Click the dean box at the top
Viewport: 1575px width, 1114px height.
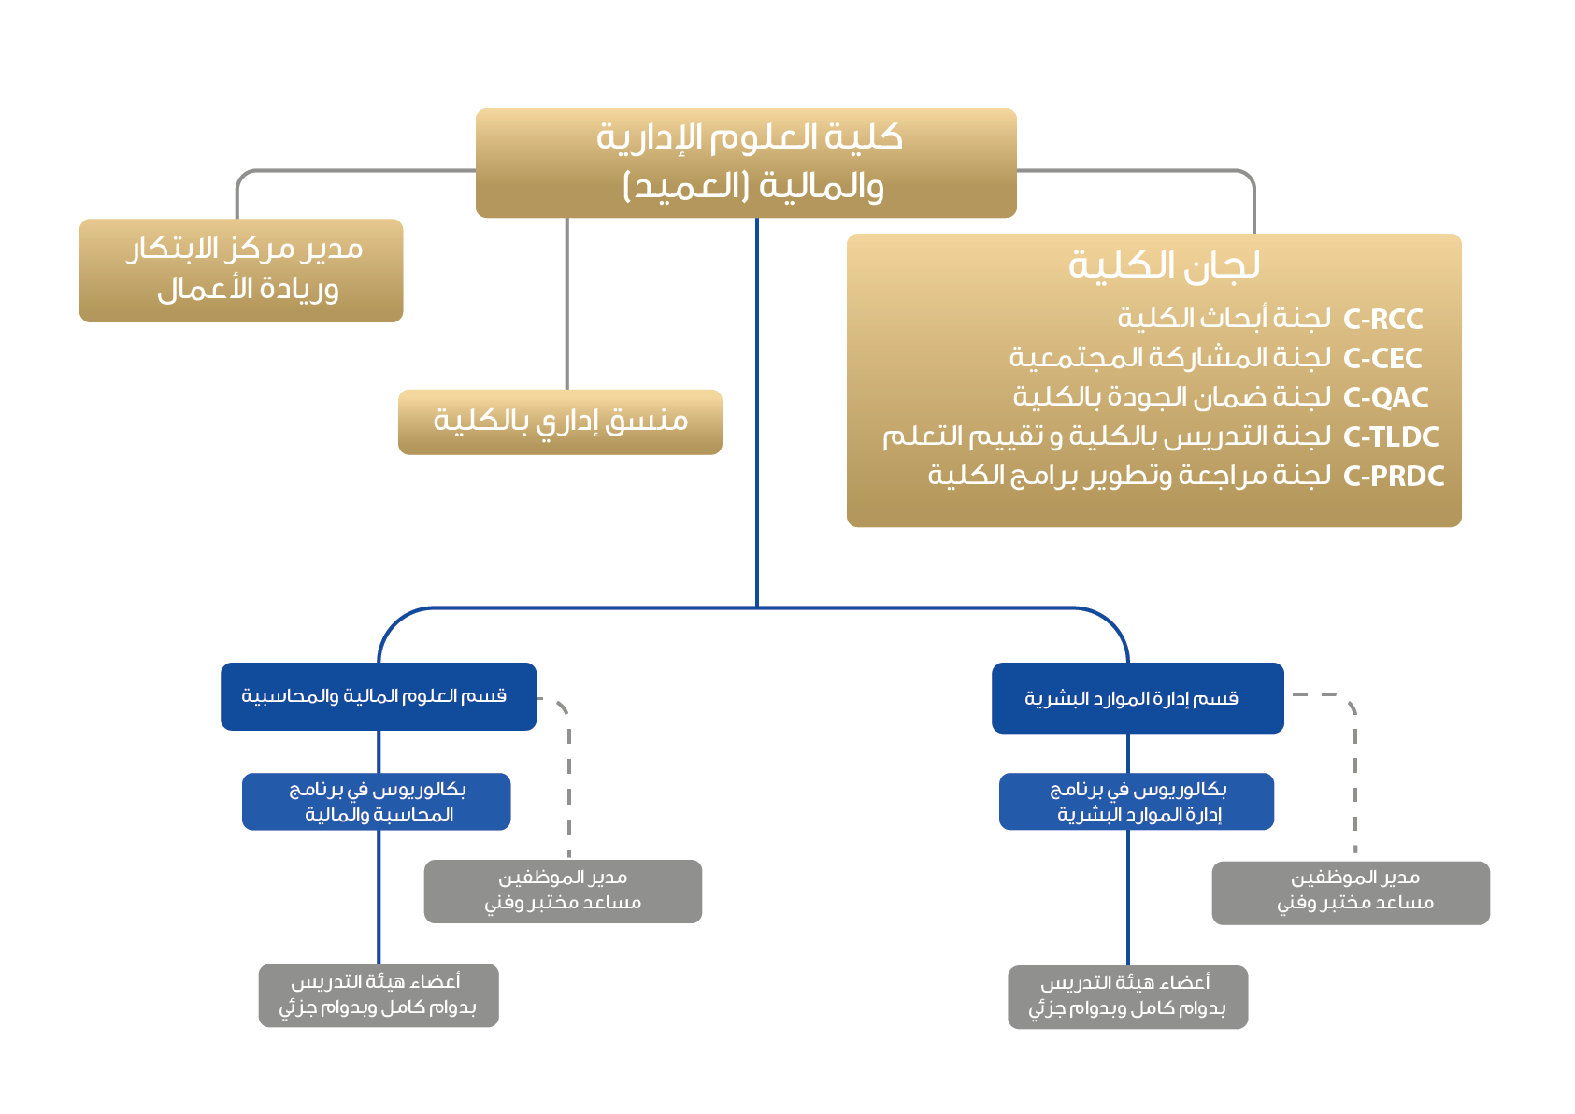coord(745,163)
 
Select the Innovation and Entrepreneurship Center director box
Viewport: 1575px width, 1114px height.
coord(241,270)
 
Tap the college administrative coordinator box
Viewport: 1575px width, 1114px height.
coord(560,421)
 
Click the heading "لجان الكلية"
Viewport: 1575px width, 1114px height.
coord(1164,265)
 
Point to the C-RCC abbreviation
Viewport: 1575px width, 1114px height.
coord(1382,320)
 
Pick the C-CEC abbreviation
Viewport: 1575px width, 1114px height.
coord(1382,359)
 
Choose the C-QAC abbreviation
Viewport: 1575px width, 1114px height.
coord(1385,398)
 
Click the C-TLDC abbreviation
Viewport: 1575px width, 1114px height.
coord(1391,437)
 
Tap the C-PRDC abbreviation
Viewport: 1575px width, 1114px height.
coord(1394,477)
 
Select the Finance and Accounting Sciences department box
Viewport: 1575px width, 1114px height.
coord(379,696)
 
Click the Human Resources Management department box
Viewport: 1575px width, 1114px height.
coord(1138,698)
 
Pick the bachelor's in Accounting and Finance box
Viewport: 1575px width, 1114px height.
coord(377,802)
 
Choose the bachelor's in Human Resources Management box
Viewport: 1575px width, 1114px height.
coord(1137,802)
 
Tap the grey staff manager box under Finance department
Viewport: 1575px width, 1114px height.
coord(563,891)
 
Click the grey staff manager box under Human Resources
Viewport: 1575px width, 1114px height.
coord(1351,893)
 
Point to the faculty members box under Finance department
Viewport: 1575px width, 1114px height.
coord(379,995)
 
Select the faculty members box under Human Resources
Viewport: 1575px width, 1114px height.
coord(1128,997)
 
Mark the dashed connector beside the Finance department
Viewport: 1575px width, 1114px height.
coord(568,776)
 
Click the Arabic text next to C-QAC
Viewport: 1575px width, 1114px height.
coord(1172,398)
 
